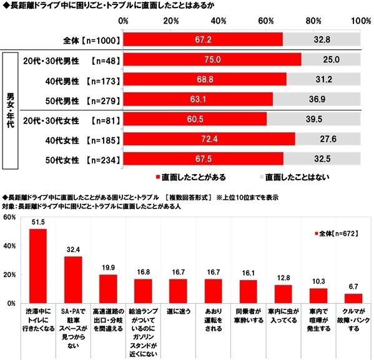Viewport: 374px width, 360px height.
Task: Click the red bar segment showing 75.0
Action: point(212,61)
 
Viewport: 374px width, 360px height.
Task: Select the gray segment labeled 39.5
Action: point(313,119)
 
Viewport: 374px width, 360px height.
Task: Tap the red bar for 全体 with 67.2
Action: point(203,39)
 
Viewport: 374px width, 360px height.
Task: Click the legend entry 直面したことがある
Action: point(190,177)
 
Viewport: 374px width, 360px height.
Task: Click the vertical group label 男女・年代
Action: point(11,109)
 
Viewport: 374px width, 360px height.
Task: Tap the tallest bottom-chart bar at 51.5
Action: point(38,266)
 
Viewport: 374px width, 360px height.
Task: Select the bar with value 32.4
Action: point(73,280)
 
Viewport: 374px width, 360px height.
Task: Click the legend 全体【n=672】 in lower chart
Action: point(337,232)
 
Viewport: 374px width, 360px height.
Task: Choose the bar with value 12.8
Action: point(283,294)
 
